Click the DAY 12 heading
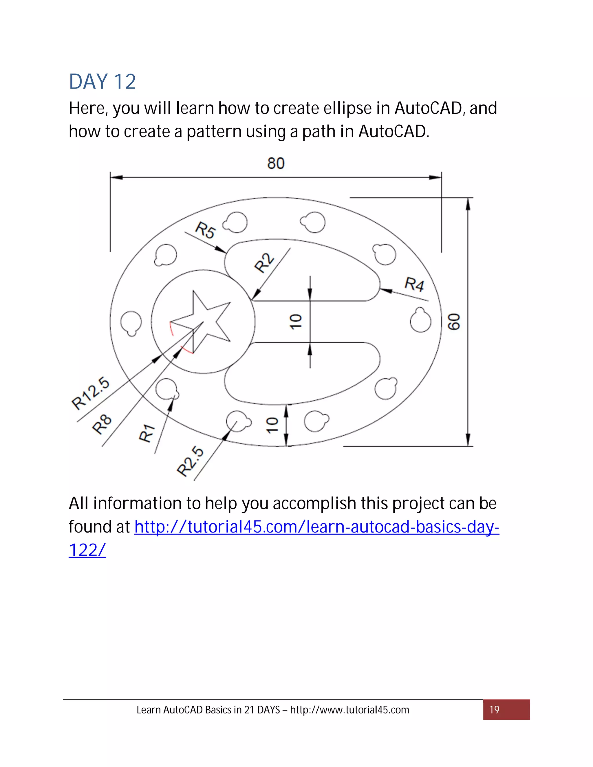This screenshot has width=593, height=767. coord(102,82)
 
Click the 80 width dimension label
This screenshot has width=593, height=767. coord(276,163)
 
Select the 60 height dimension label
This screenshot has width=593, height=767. coord(454,322)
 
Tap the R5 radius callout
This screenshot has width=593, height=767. coord(206,230)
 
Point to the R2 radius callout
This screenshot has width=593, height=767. coord(264,263)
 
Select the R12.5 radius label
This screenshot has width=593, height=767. coord(91,393)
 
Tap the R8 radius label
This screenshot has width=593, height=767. coord(102,424)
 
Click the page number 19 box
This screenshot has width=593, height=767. coord(506,710)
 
